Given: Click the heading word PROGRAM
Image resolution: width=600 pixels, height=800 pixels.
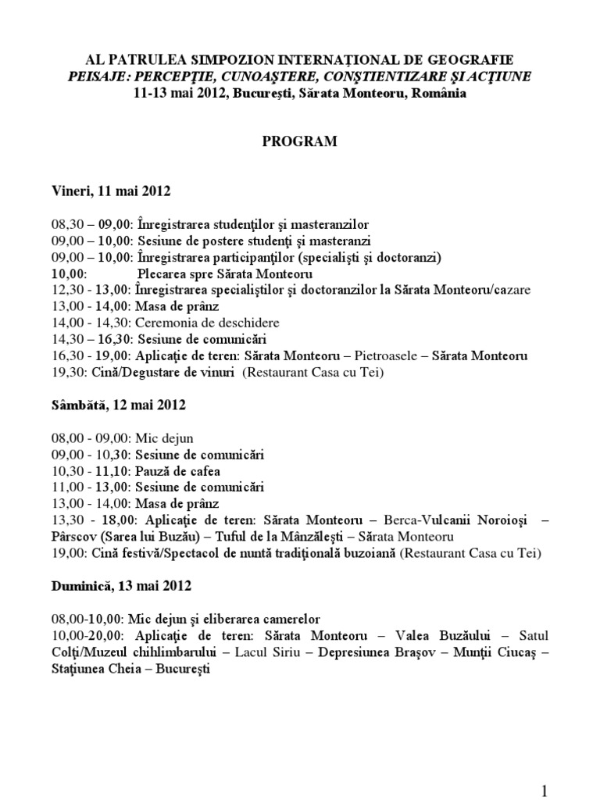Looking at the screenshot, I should point(299,141).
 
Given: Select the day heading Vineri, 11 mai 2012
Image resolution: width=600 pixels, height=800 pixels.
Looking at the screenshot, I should point(110,190).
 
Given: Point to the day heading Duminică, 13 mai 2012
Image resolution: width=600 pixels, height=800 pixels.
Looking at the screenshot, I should point(121,584).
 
